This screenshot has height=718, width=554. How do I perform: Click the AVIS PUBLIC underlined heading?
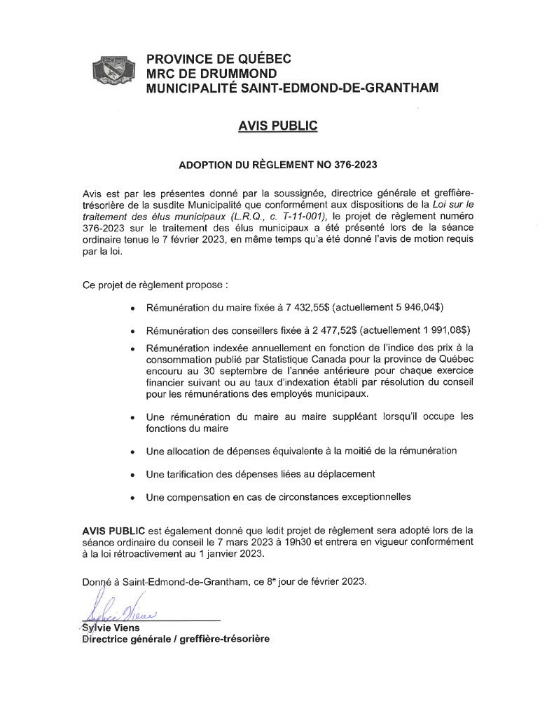(x=277, y=126)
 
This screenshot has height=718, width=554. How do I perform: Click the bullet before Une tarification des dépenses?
(x=132, y=475)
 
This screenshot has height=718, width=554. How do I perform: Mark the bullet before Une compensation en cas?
(x=132, y=498)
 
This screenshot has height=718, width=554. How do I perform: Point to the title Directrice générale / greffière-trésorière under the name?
(x=175, y=639)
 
